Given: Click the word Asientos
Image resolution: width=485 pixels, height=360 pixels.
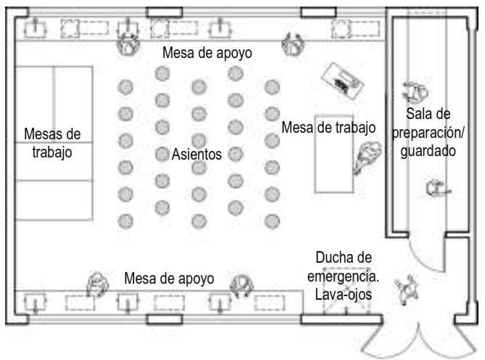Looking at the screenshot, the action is click(197, 154).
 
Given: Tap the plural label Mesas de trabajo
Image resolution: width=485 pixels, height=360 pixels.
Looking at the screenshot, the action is click(52, 144).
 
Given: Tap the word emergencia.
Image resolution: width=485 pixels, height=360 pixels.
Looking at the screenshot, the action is click(343, 276).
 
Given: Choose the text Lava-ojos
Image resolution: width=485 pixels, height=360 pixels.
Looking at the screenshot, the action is click(343, 294).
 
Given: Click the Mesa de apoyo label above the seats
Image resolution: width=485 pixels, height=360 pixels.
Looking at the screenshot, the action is click(207, 52).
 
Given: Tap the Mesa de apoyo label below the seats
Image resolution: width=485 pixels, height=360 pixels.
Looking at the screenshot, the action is click(169, 278).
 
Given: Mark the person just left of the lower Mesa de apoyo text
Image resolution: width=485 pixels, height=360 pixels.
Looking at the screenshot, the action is click(97, 284).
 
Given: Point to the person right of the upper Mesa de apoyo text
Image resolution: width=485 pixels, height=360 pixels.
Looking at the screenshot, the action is click(292, 45).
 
